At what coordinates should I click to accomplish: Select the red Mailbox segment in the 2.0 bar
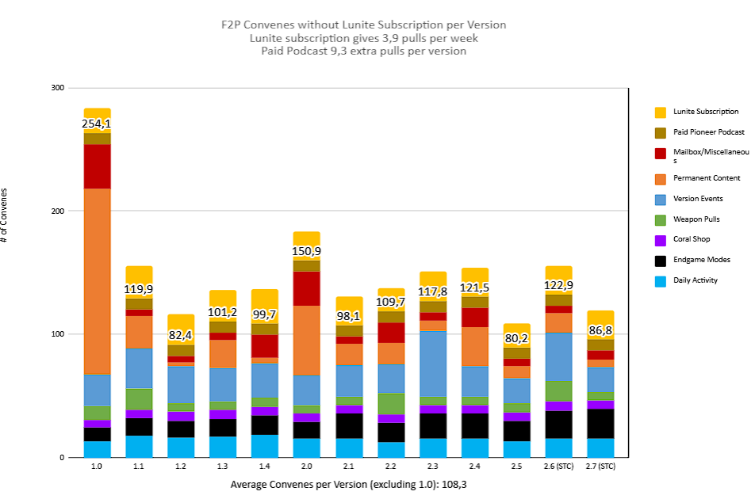[x=307, y=288]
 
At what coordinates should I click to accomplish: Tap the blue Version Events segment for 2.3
[x=433, y=364]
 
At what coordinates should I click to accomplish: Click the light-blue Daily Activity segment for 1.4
[x=265, y=446]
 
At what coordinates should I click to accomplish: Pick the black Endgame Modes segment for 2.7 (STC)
[x=600, y=424]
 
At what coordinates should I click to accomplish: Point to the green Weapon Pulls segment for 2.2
[x=391, y=403]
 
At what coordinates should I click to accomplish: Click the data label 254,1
[x=97, y=124]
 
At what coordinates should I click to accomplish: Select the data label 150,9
[x=307, y=251]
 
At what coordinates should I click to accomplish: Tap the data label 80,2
[x=517, y=339]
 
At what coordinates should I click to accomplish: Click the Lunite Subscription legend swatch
[x=660, y=112]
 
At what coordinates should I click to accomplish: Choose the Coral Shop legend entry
[x=692, y=239]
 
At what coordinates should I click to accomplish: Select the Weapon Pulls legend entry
[x=696, y=219]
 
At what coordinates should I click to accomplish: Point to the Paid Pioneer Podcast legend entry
[x=708, y=132]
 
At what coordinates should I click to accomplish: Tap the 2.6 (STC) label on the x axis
[x=558, y=467]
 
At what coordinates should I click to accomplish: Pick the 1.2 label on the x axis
[x=181, y=467]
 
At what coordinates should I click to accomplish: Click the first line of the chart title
[x=363, y=25]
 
